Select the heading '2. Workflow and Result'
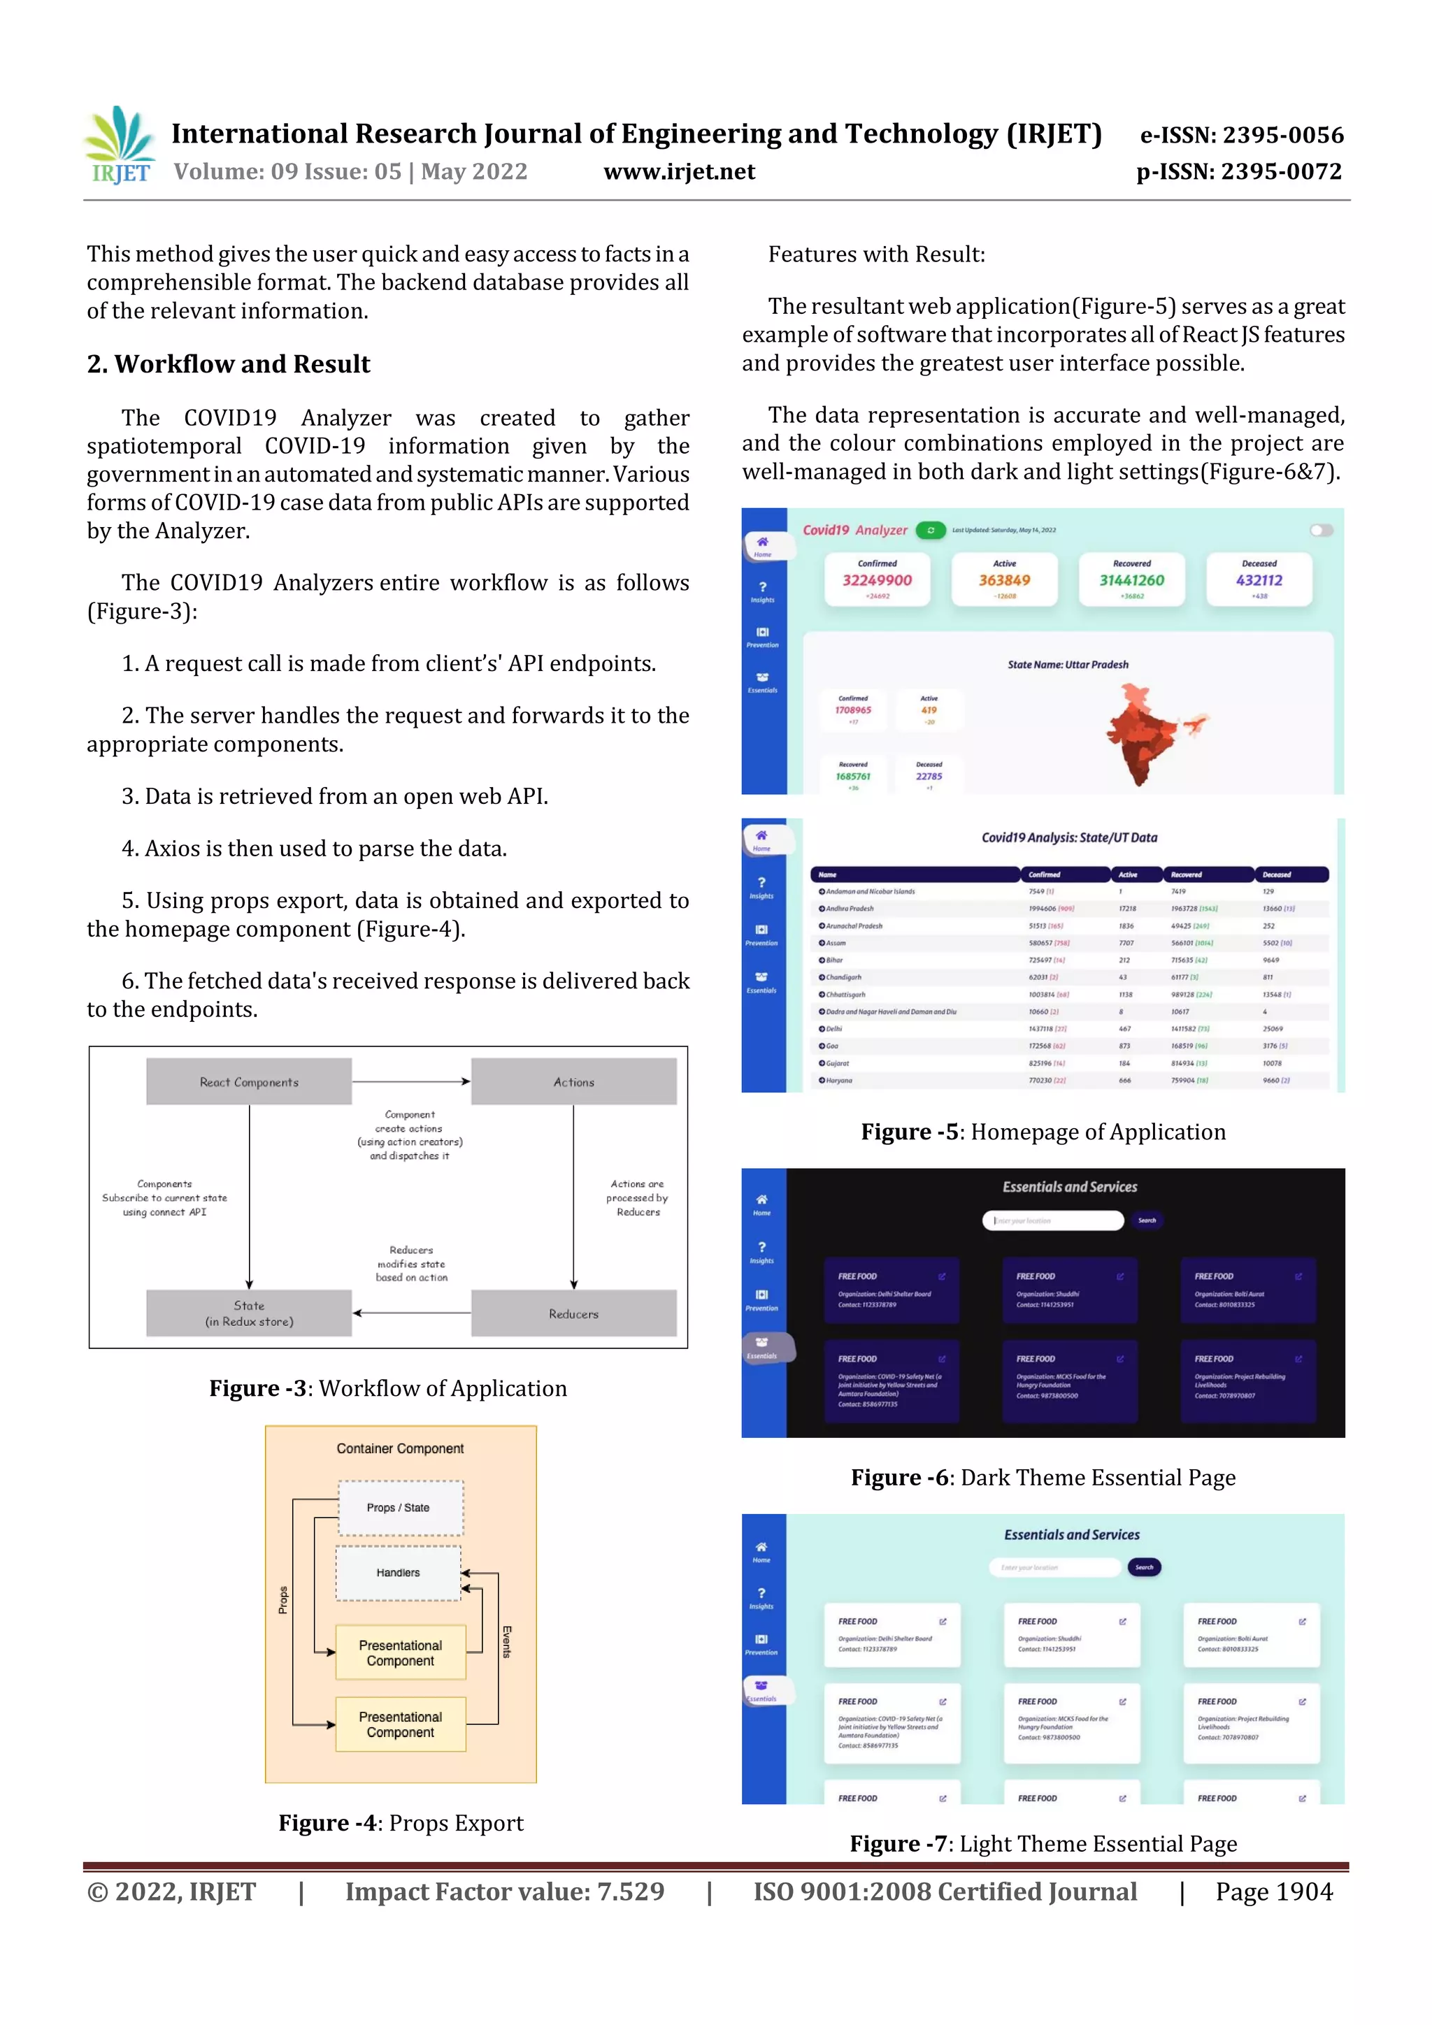(229, 364)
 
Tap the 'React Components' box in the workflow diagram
(249, 1082)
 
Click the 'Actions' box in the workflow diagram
(573, 1082)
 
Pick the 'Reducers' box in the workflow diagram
(573, 1313)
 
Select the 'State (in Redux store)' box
(249, 1313)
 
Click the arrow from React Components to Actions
(411, 1081)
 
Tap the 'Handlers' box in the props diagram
(398, 1573)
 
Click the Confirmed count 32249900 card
(877, 579)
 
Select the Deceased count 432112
(1259, 579)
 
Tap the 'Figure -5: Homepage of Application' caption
(1043, 1132)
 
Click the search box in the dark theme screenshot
(1052, 1220)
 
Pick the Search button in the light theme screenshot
(1145, 1567)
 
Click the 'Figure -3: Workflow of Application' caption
(388, 1389)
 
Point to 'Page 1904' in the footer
(1273, 1891)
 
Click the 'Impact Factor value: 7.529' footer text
(505, 1891)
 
